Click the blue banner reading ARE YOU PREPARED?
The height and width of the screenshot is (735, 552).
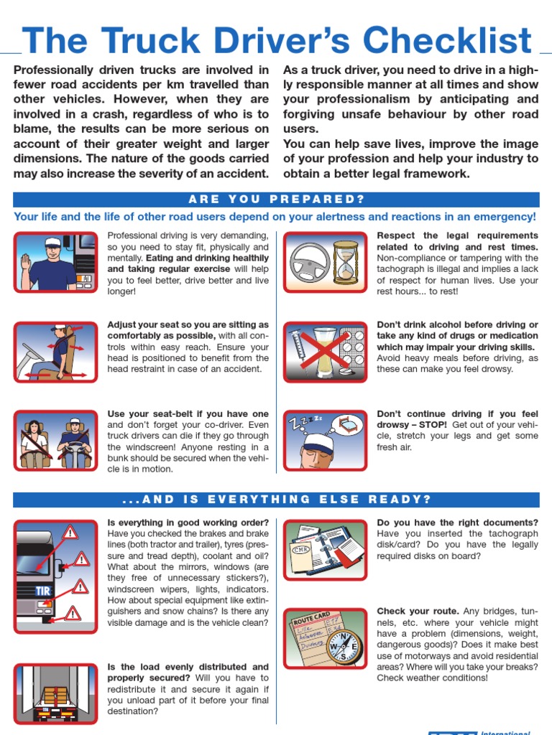click(x=276, y=199)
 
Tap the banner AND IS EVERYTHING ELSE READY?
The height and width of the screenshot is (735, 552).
click(x=276, y=499)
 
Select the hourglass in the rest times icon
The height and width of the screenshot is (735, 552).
click(x=346, y=261)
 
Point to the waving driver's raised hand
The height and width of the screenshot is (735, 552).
click(x=26, y=261)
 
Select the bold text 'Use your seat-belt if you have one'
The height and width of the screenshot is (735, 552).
click(x=188, y=413)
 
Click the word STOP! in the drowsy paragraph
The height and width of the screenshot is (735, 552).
click(x=434, y=424)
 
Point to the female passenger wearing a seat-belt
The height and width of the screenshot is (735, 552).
click(x=33, y=439)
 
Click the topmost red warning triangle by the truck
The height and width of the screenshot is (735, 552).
click(x=70, y=533)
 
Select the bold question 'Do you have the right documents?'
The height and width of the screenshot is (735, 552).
click(x=457, y=523)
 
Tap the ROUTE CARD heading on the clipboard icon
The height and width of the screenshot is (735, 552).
click(x=310, y=618)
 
